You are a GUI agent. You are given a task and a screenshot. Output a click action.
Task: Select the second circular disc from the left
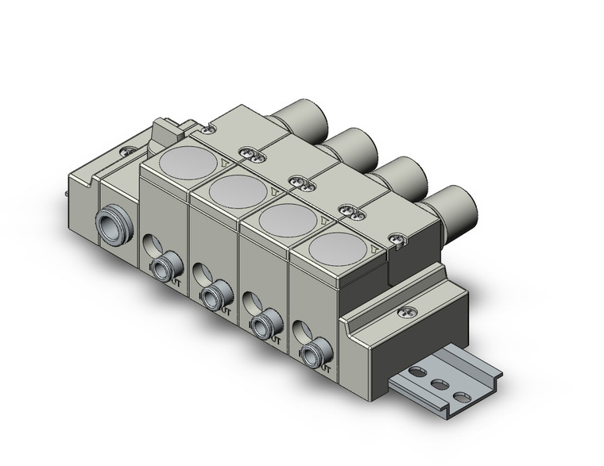tap(238, 191)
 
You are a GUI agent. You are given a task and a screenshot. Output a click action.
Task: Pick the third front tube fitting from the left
tap(262, 324)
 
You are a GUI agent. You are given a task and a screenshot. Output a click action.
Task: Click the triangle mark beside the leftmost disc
tap(226, 165)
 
